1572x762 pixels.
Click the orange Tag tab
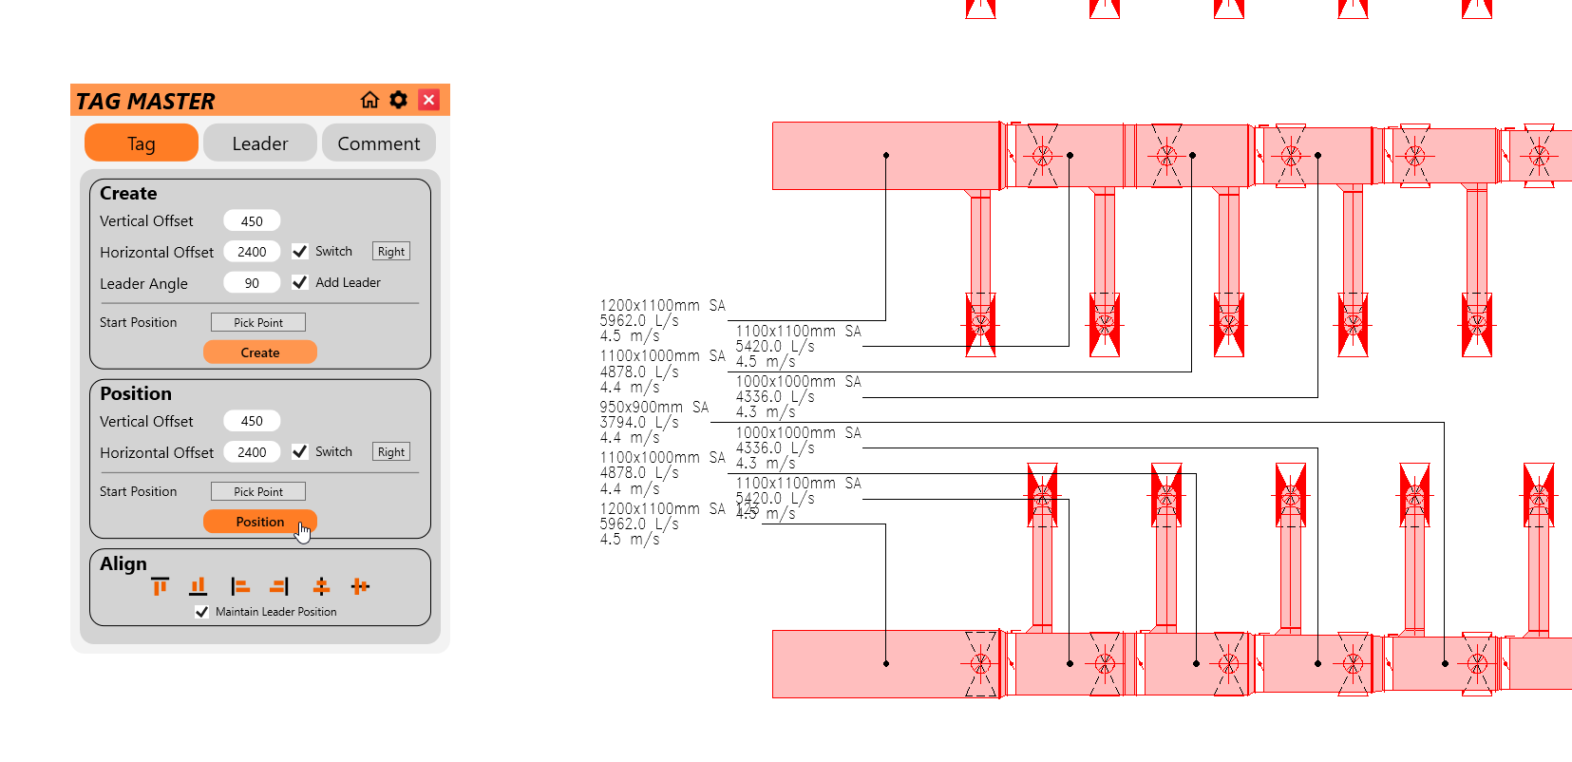click(x=142, y=143)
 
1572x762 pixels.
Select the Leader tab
click(x=259, y=143)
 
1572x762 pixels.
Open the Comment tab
click(x=378, y=143)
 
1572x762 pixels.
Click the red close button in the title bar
click(x=429, y=100)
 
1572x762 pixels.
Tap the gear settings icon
click(x=399, y=100)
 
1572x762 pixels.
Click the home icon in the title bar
click(x=369, y=100)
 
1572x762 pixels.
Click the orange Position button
click(x=259, y=522)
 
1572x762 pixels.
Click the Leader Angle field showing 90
click(x=252, y=283)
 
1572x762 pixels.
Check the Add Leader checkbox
click(x=300, y=282)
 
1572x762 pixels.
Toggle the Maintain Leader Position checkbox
click(x=201, y=612)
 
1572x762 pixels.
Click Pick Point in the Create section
click(x=257, y=323)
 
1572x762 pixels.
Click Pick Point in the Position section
click(x=257, y=492)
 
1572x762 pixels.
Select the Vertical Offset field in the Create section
click(x=252, y=221)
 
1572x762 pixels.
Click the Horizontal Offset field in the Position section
click(x=252, y=452)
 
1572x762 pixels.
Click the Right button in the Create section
click(x=390, y=252)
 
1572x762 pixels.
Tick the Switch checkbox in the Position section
click(x=300, y=451)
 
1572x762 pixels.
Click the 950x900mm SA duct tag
click(x=653, y=408)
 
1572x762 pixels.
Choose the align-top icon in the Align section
click(x=160, y=586)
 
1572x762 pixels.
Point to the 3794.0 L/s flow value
click(x=638, y=423)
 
